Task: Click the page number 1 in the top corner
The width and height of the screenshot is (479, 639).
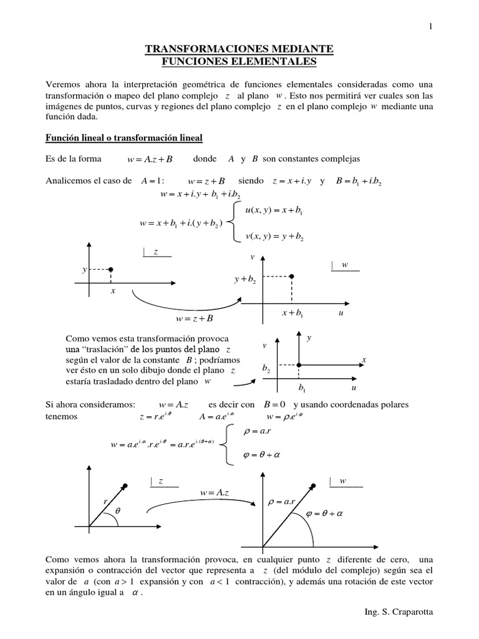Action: click(x=430, y=26)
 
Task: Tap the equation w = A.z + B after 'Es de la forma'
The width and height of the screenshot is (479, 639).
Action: click(x=149, y=160)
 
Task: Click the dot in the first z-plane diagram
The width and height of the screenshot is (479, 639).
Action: click(x=110, y=270)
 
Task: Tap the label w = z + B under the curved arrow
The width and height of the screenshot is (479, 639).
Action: click(x=194, y=319)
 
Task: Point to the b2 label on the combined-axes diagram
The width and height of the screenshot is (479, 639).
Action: click(x=266, y=370)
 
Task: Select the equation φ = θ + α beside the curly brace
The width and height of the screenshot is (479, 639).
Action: click(x=260, y=455)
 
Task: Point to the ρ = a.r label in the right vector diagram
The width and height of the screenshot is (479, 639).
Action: click(x=282, y=501)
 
